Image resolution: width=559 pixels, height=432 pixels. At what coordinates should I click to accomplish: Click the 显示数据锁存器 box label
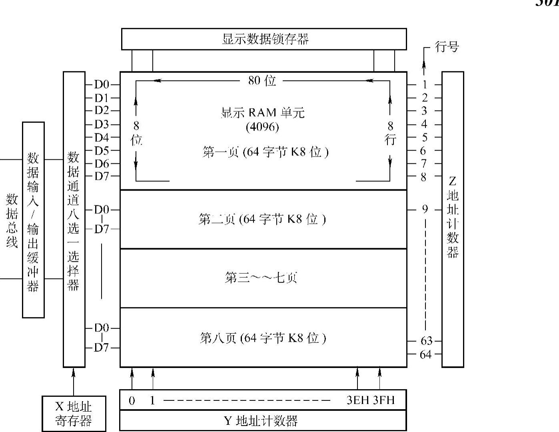click(265, 39)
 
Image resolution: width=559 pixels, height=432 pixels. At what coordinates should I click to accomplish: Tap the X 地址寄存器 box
click(74, 414)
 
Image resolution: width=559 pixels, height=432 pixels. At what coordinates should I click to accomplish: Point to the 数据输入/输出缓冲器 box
click(33, 220)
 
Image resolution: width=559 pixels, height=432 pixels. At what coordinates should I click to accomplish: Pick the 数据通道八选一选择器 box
click(74, 219)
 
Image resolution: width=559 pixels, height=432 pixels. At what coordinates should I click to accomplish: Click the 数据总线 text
click(12, 221)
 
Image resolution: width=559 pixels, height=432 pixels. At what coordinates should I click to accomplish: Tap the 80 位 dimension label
click(262, 80)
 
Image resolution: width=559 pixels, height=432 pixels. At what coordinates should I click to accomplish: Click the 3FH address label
click(384, 400)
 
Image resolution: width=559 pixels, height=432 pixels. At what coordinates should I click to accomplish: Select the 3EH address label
click(358, 400)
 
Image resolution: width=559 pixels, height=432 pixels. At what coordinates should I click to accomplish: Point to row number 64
click(425, 354)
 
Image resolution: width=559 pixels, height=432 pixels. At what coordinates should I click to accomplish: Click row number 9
click(425, 209)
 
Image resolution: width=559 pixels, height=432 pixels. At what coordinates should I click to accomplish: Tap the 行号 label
click(447, 47)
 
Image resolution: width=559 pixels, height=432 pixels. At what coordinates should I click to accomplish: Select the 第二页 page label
click(262, 219)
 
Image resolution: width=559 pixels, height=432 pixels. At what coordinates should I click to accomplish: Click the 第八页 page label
click(263, 338)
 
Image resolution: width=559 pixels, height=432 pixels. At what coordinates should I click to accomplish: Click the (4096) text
click(262, 127)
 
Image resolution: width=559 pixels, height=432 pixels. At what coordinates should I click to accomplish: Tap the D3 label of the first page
click(101, 124)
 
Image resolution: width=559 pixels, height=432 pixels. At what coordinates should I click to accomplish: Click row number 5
click(424, 137)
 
